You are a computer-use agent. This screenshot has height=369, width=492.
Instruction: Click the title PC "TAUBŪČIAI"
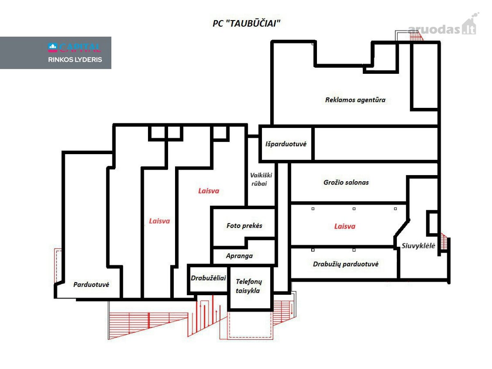coord(246,23)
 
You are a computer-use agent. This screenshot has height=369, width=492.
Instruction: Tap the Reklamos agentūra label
coord(355,100)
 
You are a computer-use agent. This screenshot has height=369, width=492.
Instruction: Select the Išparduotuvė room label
coord(286,144)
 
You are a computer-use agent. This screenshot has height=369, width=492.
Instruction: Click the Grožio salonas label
coord(346,182)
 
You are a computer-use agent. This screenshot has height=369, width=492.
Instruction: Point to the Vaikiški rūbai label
coord(261,179)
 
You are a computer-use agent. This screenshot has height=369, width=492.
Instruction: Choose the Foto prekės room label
coord(244,225)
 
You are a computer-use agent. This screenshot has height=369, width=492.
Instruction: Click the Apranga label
coord(239,256)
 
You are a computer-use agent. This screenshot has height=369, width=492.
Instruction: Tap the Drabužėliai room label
coord(208,278)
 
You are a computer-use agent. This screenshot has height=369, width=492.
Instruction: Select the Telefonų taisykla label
coord(248,286)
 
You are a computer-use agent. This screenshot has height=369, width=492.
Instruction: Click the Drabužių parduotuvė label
coord(346,264)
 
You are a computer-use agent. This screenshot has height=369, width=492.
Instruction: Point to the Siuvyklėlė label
coord(418,246)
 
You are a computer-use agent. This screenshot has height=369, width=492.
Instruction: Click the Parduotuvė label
coord(91,285)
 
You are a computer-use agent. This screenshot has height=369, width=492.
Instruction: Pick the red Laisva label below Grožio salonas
coord(344,226)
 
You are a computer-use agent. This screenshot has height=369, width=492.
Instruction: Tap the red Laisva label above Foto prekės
coord(208,191)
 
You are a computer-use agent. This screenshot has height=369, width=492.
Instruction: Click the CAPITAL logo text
coord(75,48)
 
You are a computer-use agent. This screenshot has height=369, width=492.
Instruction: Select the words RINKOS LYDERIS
coord(75,59)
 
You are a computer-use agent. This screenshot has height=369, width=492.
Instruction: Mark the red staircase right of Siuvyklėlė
coord(444,241)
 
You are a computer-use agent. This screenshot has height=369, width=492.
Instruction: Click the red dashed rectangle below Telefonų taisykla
coord(250,325)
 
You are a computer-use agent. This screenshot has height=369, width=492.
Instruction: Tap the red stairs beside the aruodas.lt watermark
coord(416,36)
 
